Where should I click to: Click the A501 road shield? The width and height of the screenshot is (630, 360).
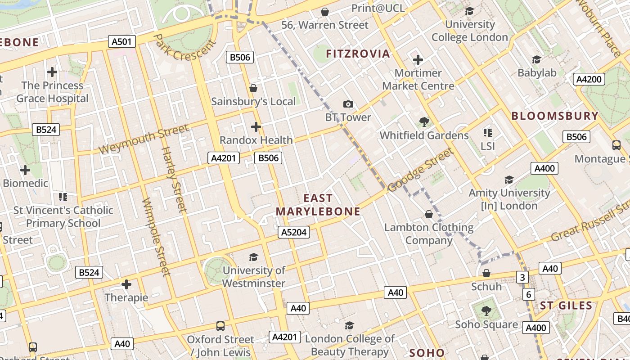[122, 42]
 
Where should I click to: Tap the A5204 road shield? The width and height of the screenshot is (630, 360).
[294, 232]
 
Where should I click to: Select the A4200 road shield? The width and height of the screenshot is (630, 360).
[589, 80]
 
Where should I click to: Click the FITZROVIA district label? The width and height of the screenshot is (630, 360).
[358, 54]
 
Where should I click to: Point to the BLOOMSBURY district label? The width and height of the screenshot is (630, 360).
[555, 116]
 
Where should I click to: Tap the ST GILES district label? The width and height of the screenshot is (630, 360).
[566, 306]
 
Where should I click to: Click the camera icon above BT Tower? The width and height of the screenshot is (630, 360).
[348, 104]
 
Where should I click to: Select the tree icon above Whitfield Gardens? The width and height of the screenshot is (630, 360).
[424, 121]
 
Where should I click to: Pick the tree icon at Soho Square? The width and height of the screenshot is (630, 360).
[486, 310]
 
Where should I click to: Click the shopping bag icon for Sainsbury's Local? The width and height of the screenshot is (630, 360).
[253, 88]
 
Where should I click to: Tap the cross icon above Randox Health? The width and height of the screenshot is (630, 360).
[256, 127]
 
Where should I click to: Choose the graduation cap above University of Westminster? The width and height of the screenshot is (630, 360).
[254, 257]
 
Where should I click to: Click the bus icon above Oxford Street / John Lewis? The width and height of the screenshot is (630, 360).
[220, 326]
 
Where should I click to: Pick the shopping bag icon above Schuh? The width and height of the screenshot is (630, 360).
[486, 273]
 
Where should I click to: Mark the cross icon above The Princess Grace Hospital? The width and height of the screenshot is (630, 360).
[52, 72]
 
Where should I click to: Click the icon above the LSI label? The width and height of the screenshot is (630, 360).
[487, 133]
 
